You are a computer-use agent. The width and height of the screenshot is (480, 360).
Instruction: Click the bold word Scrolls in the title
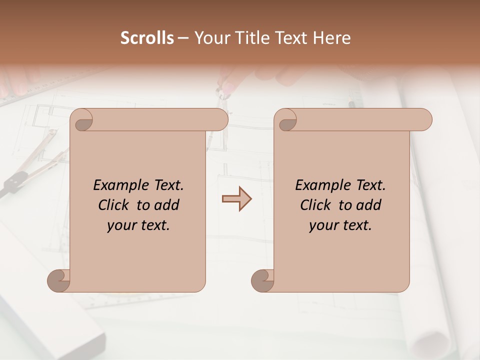point(147,38)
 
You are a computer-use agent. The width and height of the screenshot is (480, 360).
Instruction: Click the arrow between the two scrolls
point(236,199)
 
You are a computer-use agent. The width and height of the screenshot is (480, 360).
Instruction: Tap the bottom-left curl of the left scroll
point(59,280)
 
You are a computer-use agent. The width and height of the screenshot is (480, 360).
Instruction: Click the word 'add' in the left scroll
point(167,205)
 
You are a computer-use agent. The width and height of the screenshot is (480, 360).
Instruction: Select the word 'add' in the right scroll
point(369,205)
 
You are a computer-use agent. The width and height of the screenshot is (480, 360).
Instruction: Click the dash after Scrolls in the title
point(183,38)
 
